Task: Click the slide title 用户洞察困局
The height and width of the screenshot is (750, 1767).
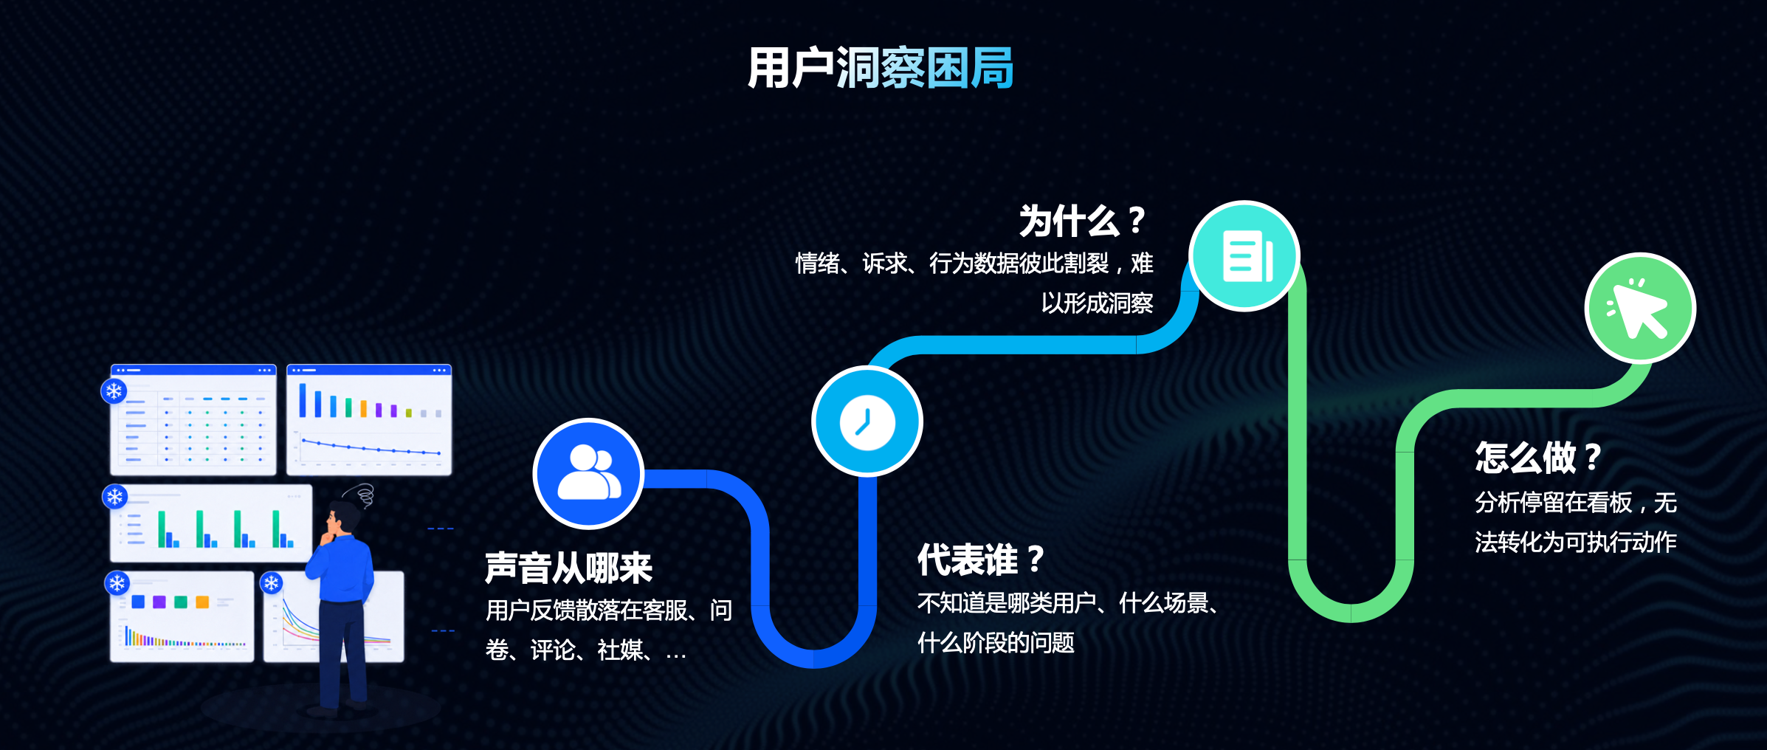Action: click(881, 68)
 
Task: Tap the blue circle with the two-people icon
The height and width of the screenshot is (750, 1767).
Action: click(588, 474)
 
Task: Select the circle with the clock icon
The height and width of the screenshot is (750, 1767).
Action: click(867, 422)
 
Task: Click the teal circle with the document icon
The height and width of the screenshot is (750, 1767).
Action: click(1245, 256)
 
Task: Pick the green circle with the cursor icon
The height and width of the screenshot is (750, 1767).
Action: click(1640, 308)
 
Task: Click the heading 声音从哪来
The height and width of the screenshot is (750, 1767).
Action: click(568, 568)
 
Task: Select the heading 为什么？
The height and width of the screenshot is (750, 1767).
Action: click(1082, 221)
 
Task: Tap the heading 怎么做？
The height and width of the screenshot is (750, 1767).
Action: click(1538, 458)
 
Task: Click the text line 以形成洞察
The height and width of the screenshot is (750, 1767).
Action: click(1097, 303)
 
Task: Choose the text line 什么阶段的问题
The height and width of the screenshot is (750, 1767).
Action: click(996, 642)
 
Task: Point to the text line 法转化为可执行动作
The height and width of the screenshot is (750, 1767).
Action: click(1576, 543)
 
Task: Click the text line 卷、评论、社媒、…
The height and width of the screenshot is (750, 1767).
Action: click(586, 650)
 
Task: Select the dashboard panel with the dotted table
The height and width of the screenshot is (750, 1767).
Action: click(193, 419)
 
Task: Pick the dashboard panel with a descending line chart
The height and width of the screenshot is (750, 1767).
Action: click(369, 419)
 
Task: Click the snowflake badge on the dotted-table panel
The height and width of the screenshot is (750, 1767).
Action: click(114, 391)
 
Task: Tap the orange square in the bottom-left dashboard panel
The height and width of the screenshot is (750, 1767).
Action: click(202, 602)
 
